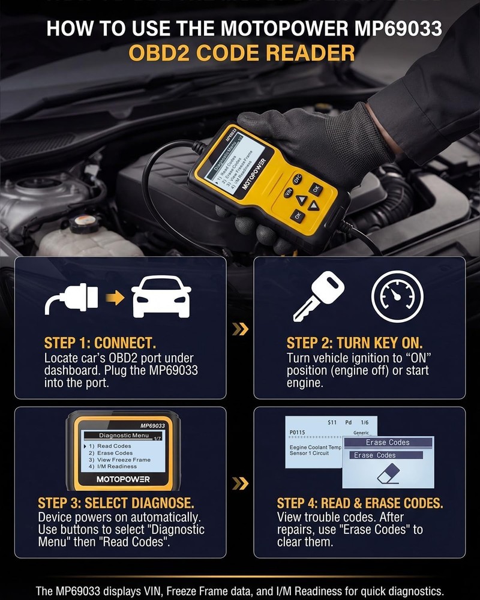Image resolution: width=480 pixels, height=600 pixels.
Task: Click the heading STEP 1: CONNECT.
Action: [x=100, y=343]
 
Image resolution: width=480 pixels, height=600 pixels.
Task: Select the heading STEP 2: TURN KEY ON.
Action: [x=354, y=343]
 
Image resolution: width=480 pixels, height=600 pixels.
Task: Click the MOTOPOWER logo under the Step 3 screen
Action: [x=123, y=479]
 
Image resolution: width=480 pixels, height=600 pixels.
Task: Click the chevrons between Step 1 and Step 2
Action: [x=240, y=329]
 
